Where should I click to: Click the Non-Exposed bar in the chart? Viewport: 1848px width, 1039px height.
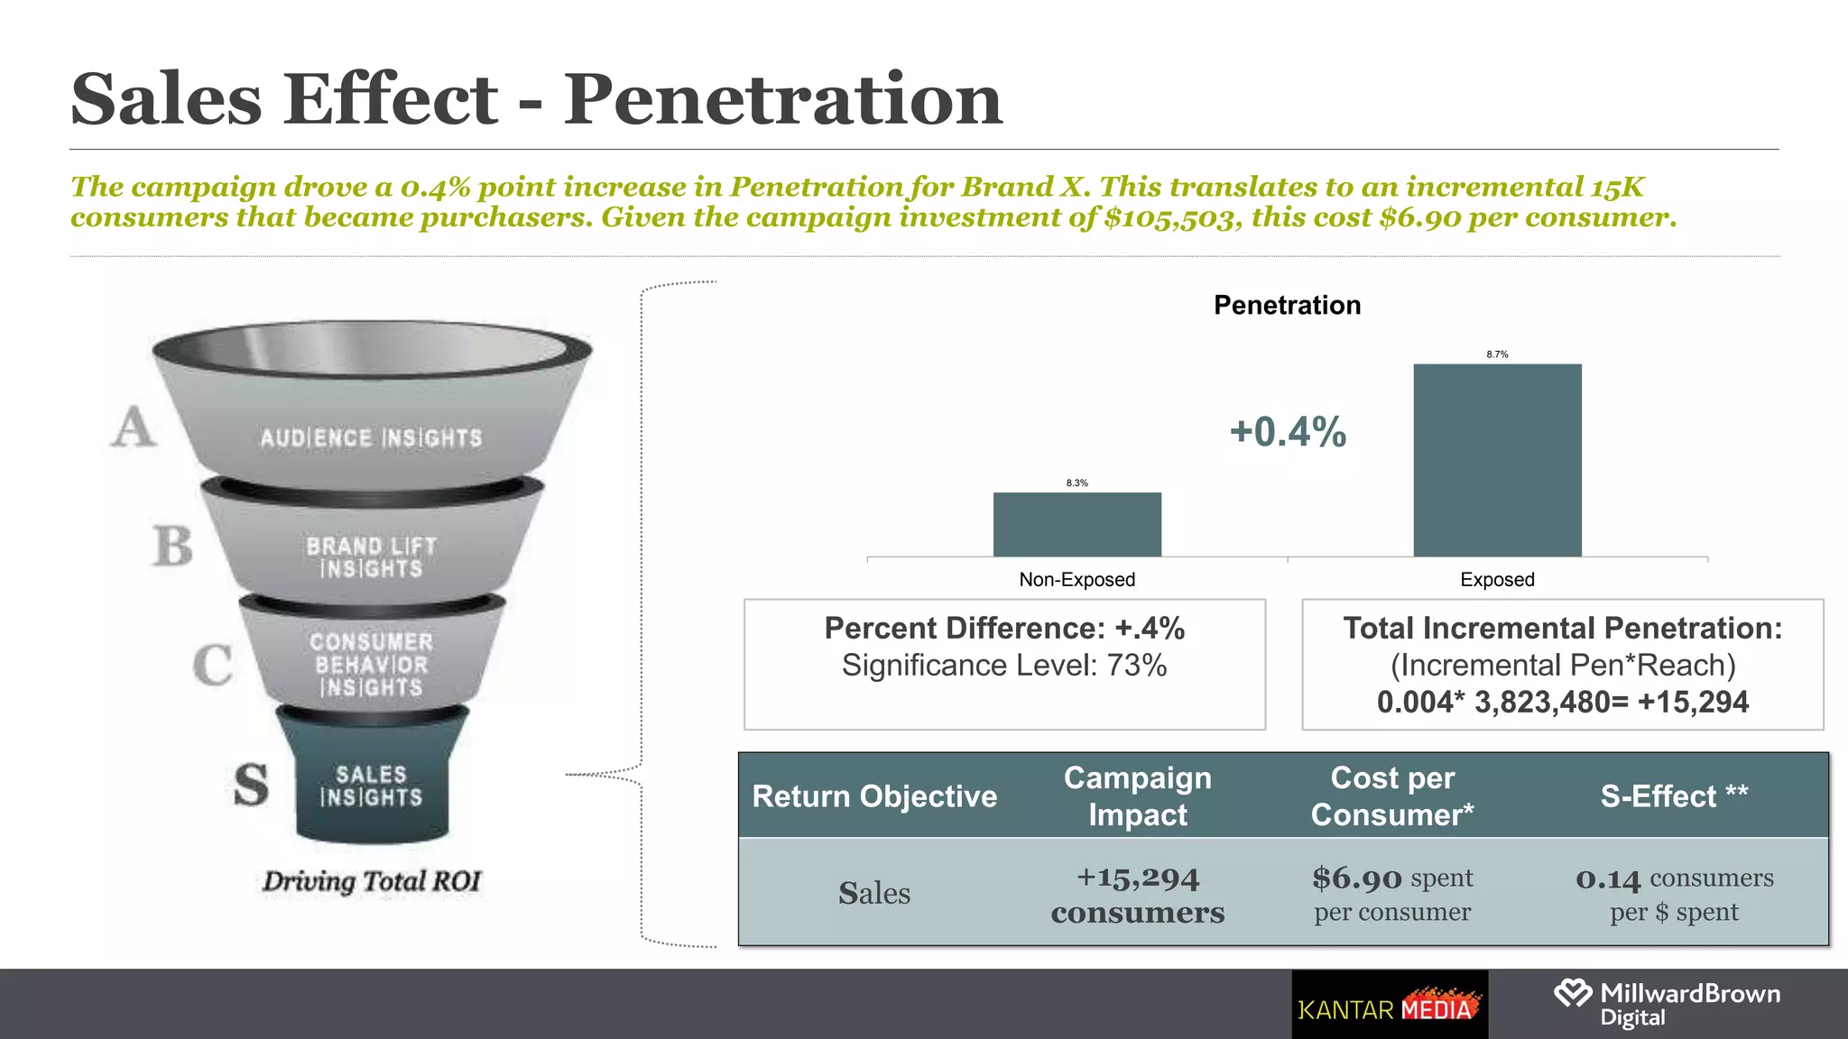click(x=1076, y=524)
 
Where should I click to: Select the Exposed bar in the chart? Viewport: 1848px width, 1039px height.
click(x=1497, y=460)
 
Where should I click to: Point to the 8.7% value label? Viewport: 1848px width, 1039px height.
click(x=1497, y=354)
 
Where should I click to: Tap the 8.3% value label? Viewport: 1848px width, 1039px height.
click(x=1076, y=483)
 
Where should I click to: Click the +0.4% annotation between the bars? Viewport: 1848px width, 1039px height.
click(x=1288, y=432)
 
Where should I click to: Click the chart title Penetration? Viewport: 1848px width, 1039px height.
click(x=1287, y=305)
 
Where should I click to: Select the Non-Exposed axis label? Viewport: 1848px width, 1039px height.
click(x=1076, y=580)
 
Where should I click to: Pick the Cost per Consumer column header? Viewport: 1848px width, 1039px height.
click(x=1391, y=795)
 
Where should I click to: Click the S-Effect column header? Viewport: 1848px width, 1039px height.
click(x=1674, y=795)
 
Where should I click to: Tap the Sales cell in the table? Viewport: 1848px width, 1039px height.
click(x=873, y=893)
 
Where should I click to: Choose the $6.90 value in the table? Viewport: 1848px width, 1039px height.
click(x=1357, y=878)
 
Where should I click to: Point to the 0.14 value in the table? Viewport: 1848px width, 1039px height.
click(x=1608, y=878)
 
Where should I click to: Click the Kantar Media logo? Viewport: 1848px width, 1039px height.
click(x=1389, y=1006)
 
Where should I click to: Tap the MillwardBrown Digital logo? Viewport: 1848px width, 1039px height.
click(x=1668, y=1004)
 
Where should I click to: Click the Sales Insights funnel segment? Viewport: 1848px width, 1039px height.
click(x=371, y=786)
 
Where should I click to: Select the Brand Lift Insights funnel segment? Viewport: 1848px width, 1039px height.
click(x=371, y=557)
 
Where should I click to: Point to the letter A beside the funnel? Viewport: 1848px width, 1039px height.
click(x=134, y=427)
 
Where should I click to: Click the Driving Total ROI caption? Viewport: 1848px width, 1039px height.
click(x=372, y=881)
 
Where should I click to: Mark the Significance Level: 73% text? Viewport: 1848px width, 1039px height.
click(x=1003, y=666)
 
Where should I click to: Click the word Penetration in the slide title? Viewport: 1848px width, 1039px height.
click(x=782, y=99)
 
